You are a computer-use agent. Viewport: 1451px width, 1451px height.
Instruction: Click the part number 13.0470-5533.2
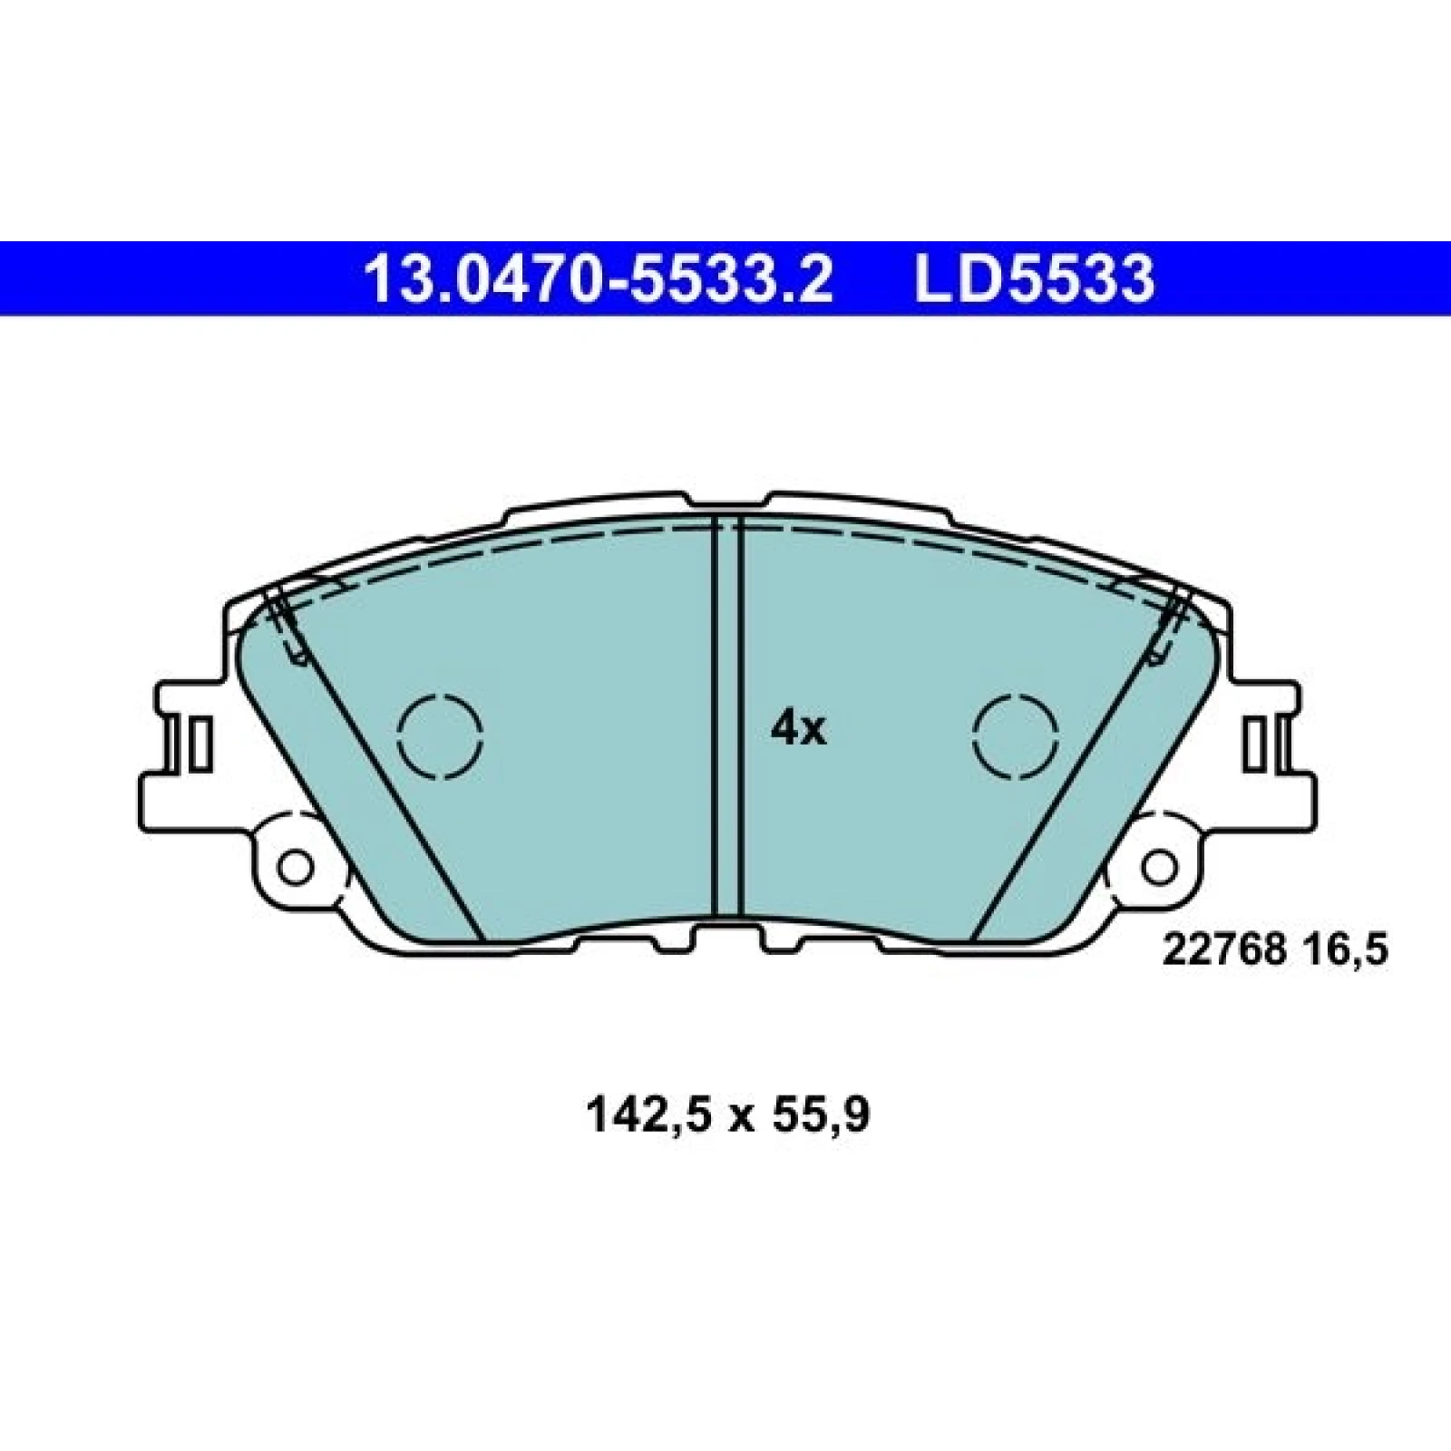(597, 278)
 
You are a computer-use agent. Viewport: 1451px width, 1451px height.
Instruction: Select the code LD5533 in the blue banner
(1034, 278)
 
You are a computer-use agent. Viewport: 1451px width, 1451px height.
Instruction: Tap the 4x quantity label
(798, 729)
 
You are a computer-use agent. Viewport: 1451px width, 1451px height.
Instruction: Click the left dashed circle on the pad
(441, 735)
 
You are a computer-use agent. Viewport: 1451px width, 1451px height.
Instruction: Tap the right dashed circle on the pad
(1016, 735)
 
